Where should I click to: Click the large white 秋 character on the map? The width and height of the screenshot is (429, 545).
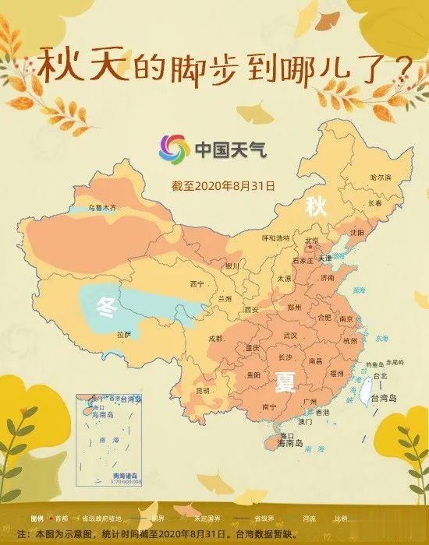pos(315,206)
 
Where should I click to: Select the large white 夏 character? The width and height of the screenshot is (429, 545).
pos(284,380)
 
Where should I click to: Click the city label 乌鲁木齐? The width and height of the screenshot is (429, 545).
pos(104,208)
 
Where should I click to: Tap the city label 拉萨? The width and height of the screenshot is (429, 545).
pos(124,333)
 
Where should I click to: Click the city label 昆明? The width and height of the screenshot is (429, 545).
pos(203,389)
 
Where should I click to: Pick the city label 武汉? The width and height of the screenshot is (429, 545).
pos(290,335)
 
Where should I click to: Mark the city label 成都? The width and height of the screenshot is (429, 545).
pos(216,339)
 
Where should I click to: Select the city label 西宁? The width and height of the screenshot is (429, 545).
pos(197,284)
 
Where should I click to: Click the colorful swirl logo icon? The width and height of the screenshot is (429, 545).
pos(174,149)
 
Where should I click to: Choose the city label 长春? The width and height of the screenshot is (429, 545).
pos(374,203)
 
